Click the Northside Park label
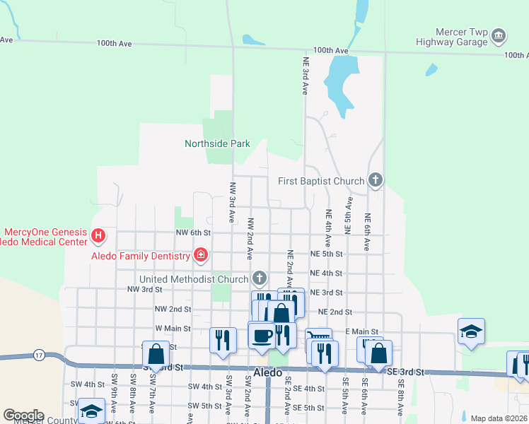tap(217, 143)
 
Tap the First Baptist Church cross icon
tap(376, 181)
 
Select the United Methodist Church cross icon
tap(260, 278)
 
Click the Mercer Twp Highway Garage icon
tap(499, 35)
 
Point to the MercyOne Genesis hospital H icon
tap(99, 235)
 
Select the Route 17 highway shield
tap(39, 354)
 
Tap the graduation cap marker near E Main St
tap(471, 331)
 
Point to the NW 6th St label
tap(194, 232)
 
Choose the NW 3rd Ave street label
tap(231, 203)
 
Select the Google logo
tap(23, 416)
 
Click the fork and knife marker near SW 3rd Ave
tap(223, 340)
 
